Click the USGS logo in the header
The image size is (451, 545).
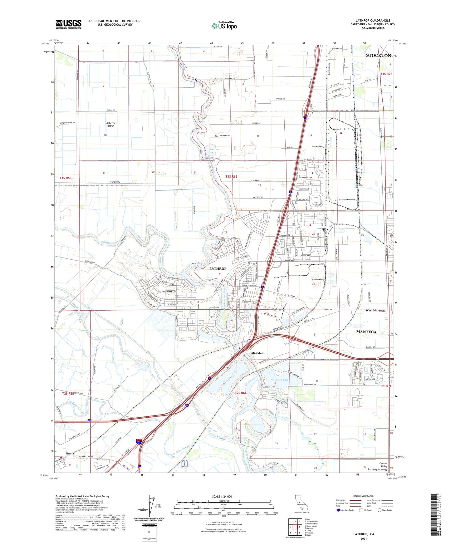(69, 24)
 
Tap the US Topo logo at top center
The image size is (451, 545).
(224, 26)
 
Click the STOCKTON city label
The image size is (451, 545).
(378, 56)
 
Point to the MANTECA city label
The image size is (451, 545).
(366, 332)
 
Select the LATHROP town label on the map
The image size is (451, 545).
(218, 268)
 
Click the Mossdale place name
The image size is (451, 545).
(257, 353)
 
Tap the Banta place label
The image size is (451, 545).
(70, 453)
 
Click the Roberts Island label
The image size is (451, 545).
(110, 124)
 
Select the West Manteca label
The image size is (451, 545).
(375, 311)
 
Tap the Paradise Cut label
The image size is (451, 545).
(86, 330)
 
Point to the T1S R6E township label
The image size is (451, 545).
(231, 177)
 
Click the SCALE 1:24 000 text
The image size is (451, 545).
(222, 496)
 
